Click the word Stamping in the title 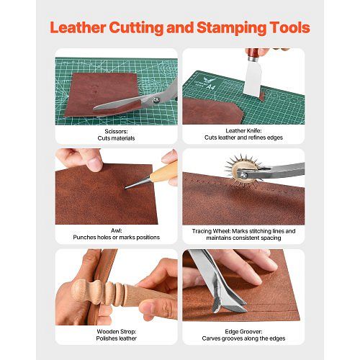231,28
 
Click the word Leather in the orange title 78,27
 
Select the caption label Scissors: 116,131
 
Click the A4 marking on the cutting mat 211,86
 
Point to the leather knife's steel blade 252,78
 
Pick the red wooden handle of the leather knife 252,55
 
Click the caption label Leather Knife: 243,131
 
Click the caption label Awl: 117,230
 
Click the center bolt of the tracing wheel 243,174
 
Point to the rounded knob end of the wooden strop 79,289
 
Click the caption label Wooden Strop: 117,331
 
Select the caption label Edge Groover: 243,332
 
